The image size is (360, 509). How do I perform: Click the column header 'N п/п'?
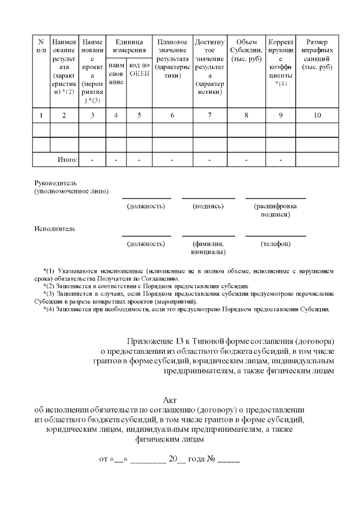coord(41,46)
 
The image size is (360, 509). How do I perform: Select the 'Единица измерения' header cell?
coord(129,46)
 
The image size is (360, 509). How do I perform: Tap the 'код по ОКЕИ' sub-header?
coord(139,70)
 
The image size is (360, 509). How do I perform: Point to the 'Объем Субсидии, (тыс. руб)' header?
coord(246,51)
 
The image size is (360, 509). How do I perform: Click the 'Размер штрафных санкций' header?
coord(317,55)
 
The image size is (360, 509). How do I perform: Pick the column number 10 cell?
coord(317,115)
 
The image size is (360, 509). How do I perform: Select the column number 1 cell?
coord(41,115)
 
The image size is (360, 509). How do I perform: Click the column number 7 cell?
coord(209,115)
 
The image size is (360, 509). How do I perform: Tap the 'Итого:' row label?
coord(67,160)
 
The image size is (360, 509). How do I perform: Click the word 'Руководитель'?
coord(55,183)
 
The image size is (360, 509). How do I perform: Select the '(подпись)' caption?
coord(208,206)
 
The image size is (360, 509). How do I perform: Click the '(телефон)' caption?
coord(276,244)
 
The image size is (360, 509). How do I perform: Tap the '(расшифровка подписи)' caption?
coord(276,210)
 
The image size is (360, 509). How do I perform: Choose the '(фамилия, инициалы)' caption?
coord(208,248)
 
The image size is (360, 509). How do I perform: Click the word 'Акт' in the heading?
coord(169,400)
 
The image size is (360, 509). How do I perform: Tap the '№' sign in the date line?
coord(211,458)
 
